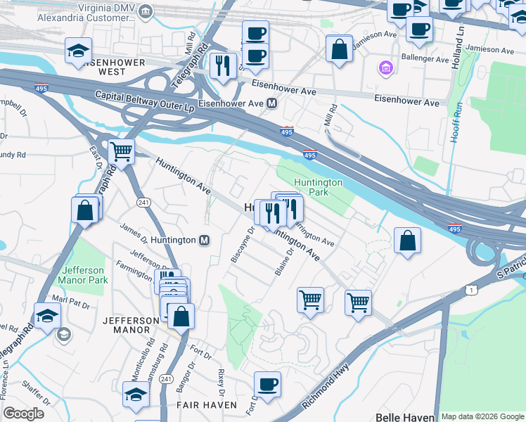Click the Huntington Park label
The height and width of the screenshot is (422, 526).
(318, 187)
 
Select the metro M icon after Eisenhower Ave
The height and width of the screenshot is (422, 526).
(271, 103)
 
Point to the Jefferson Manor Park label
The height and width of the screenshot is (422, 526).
(84, 275)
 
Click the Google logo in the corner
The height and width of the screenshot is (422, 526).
(24, 414)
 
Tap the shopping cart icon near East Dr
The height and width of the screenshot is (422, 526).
(122, 150)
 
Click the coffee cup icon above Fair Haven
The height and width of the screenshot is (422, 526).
(267, 384)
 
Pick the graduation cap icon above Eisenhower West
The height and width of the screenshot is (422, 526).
(78, 50)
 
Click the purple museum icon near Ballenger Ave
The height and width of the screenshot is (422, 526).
(386, 69)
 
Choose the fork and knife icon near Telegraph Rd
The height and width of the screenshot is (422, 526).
(223, 66)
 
